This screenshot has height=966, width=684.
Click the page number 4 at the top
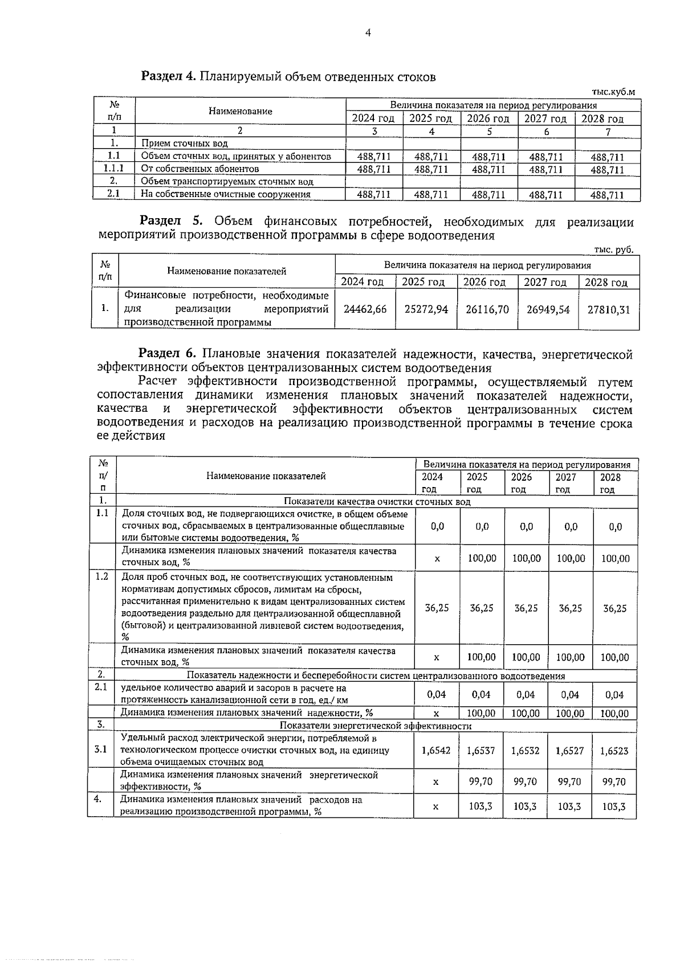tap(368, 33)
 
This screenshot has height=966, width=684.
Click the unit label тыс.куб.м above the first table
tap(613, 91)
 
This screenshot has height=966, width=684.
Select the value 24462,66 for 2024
tap(365, 309)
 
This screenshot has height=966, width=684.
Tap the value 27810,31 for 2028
tap(609, 309)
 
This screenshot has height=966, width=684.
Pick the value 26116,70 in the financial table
tap(487, 309)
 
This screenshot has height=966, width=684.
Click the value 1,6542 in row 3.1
tap(436, 751)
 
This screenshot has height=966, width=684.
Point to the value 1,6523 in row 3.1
tap(614, 751)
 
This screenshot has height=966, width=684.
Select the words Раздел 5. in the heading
tap(168, 221)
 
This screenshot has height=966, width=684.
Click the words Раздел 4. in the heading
tap(169, 76)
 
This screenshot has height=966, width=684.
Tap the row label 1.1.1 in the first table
tap(114, 169)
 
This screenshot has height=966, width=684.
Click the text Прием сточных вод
tap(185, 144)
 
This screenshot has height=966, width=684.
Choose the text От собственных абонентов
tap(200, 169)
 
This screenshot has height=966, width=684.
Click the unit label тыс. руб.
tap(613, 249)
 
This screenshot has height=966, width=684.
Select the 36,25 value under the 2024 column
tap(437, 608)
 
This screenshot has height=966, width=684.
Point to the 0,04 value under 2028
tap(614, 695)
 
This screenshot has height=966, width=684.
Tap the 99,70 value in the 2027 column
tap(569, 782)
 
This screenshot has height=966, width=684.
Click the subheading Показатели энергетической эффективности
tap(376, 726)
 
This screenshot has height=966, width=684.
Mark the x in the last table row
tap(436, 807)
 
